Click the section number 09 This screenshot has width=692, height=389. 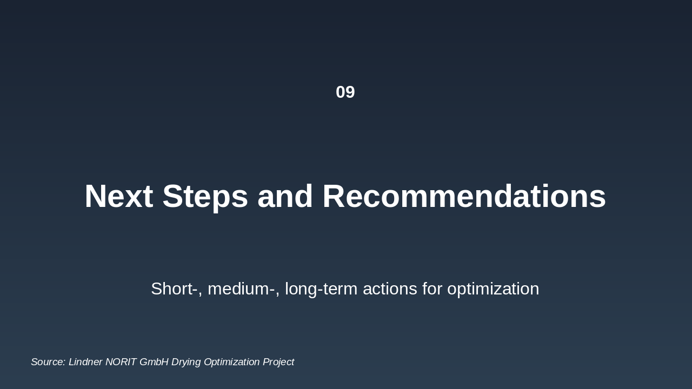[x=345, y=92]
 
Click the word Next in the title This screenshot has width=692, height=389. [x=118, y=196]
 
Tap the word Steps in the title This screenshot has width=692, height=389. [x=205, y=196]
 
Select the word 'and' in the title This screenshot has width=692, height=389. [x=285, y=196]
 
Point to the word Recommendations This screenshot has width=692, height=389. [x=464, y=196]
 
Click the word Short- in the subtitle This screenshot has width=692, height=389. [x=174, y=289]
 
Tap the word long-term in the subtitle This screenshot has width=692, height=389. [x=322, y=289]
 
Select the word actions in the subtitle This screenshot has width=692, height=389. [x=390, y=289]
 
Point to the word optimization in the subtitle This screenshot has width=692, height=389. [x=493, y=289]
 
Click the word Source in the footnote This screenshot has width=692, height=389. [x=48, y=362]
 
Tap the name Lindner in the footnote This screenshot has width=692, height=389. [x=85, y=362]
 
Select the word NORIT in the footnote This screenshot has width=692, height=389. [x=121, y=362]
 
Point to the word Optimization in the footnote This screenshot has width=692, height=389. [x=232, y=362]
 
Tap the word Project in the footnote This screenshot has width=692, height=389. [x=278, y=362]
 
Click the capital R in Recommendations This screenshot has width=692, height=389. [x=334, y=196]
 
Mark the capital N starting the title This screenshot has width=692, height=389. [x=96, y=196]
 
